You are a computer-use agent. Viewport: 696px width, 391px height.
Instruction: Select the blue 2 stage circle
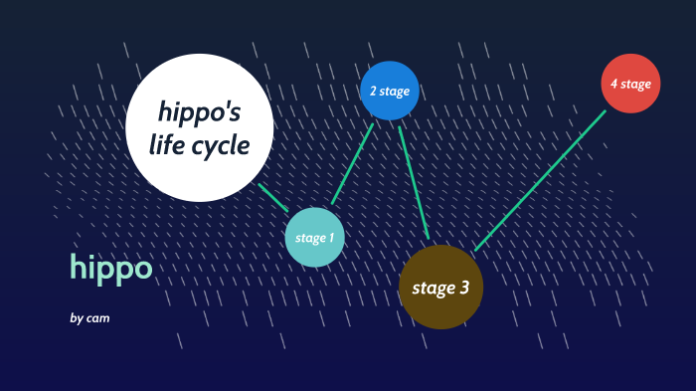click(389, 91)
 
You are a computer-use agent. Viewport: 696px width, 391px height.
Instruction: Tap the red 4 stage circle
click(630, 83)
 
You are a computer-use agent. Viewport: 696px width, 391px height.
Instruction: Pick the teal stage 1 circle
click(315, 238)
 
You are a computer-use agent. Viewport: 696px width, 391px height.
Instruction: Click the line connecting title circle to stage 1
click(272, 196)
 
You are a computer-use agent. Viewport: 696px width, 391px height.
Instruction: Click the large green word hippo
click(111, 267)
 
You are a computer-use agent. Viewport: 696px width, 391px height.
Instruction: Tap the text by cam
click(89, 318)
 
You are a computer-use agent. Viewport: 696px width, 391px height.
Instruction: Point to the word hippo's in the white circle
click(199, 111)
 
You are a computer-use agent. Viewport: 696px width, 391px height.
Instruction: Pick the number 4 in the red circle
click(614, 84)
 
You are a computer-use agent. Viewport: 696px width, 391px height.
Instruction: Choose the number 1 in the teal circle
click(331, 239)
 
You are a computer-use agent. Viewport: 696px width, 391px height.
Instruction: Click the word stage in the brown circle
click(433, 290)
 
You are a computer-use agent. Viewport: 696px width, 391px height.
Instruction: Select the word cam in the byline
click(97, 318)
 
